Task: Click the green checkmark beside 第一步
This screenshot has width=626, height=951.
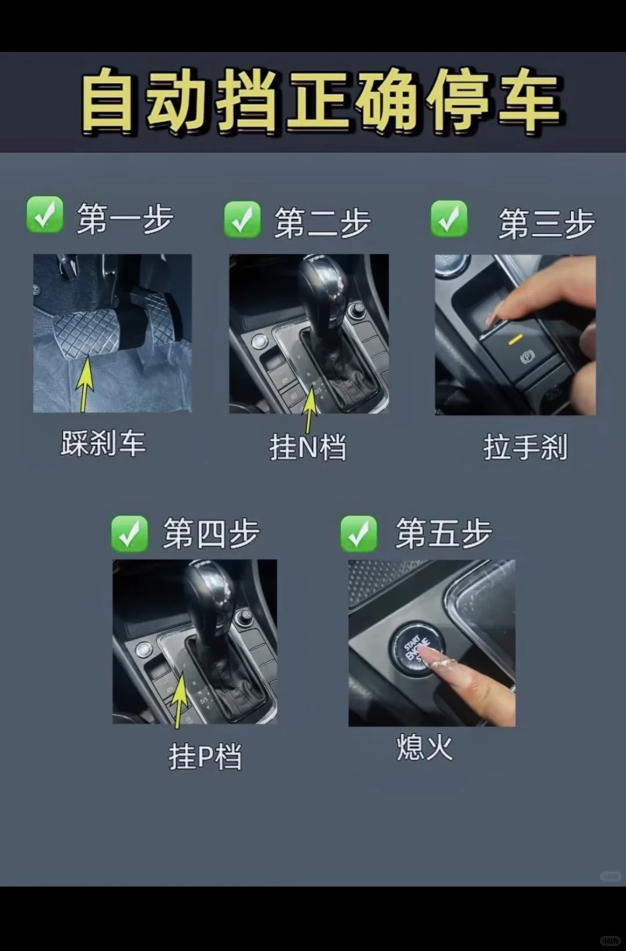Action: [x=45, y=215]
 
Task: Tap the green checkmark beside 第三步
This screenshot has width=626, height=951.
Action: [x=449, y=219]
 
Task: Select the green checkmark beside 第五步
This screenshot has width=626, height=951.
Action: [x=359, y=533]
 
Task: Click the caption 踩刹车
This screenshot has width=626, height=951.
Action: [x=103, y=443]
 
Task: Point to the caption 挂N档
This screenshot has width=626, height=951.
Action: [x=308, y=447]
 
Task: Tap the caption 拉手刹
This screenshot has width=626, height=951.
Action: [x=525, y=447]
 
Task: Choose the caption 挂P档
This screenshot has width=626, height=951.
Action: [x=205, y=756]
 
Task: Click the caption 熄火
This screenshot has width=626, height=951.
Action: [x=424, y=747]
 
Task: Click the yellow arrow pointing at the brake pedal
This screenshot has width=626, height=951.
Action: [x=85, y=382]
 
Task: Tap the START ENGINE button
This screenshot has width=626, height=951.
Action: [x=416, y=648]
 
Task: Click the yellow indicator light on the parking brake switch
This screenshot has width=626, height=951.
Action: [x=515, y=340]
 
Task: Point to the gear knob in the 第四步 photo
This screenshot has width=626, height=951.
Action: [x=209, y=591]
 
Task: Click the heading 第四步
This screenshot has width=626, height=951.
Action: [x=211, y=534]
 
